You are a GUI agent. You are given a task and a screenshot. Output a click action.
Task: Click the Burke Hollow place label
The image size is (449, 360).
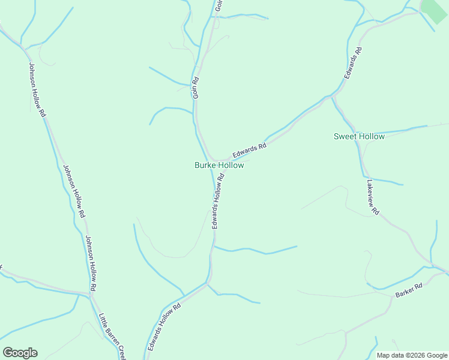[219, 165]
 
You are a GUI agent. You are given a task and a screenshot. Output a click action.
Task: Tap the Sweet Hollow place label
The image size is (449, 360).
[359, 136]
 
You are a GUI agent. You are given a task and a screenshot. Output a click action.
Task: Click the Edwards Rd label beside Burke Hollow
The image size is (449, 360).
[250, 150]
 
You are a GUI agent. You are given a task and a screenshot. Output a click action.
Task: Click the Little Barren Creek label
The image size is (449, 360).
[112, 336]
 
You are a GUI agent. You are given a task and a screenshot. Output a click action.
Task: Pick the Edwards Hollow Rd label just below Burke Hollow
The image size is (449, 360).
[218, 201]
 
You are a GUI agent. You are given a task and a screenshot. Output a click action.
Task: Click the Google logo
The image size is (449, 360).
[20, 353]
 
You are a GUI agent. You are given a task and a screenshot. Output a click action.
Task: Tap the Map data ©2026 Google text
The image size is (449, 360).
[412, 355]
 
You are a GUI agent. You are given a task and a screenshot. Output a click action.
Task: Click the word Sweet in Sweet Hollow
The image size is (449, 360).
[345, 136]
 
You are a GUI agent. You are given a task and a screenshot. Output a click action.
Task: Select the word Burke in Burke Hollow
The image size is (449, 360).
[205, 165]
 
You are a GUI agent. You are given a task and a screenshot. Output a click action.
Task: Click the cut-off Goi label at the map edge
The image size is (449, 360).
[219, 5]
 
